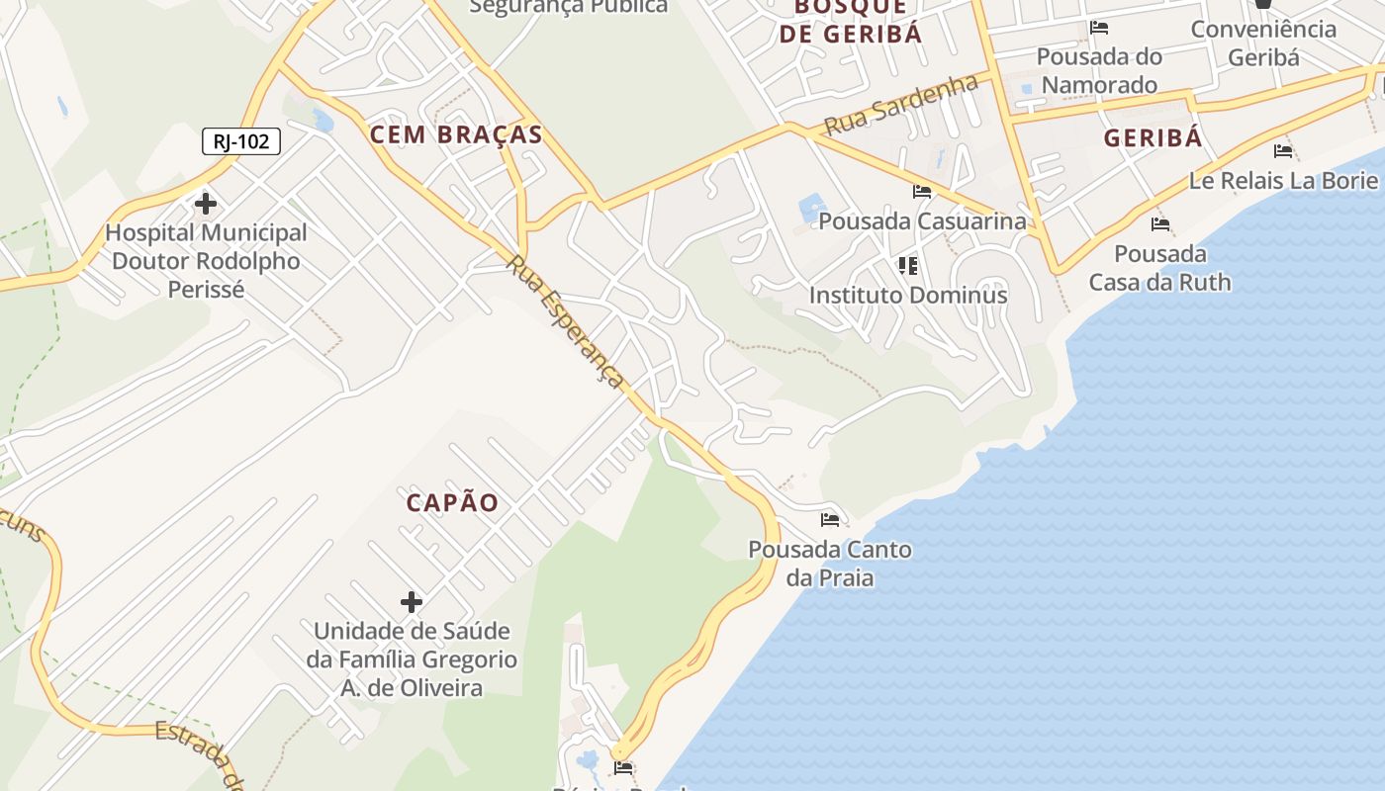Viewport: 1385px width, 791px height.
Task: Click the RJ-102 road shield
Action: tap(241, 141)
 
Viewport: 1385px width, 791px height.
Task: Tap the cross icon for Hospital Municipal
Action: tap(206, 204)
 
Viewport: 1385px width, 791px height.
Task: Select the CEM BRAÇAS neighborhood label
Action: tap(456, 134)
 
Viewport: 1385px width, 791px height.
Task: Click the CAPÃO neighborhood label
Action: tap(453, 502)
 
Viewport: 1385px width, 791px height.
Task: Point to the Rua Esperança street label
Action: tap(566, 323)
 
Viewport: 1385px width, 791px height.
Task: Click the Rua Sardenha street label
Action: tap(901, 105)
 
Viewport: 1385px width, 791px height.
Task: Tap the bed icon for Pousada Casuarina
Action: tap(922, 192)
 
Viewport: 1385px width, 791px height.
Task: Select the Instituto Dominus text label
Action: tap(908, 295)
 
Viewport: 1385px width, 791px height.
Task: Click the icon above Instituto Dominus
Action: tap(907, 265)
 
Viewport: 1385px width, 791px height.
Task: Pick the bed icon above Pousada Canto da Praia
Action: tap(830, 519)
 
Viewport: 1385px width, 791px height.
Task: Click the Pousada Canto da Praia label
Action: tap(830, 563)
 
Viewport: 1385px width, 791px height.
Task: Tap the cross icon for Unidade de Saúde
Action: tap(411, 601)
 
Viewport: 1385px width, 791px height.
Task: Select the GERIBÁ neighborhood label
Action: tap(1153, 137)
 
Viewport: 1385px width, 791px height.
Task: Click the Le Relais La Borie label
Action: tap(1283, 180)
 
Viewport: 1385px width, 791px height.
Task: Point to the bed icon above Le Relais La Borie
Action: tap(1283, 151)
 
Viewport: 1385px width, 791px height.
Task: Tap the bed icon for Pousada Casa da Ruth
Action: tap(1160, 224)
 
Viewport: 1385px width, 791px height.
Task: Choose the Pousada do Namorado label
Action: tap(1099, 70)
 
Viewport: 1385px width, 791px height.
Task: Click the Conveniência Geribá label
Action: tap(1263, 43)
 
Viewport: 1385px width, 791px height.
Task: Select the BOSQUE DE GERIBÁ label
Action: tap(851, 20)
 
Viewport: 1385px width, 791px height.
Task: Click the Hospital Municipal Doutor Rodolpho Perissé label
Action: tap(207, 261)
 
